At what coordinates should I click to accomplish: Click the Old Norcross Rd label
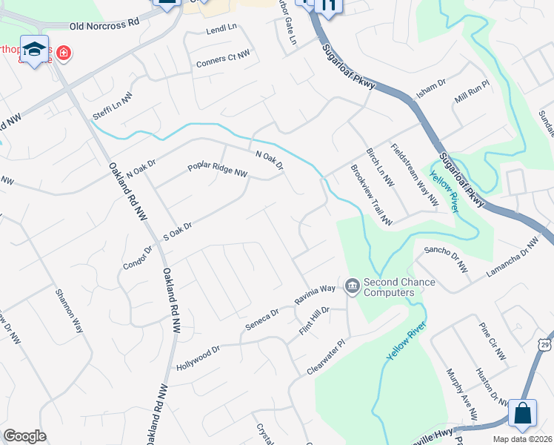coord(104,24)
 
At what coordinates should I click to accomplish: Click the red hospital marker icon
coord(64,53)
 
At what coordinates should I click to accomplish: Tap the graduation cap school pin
coord(34,49)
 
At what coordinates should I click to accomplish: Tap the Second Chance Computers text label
coord(398,287)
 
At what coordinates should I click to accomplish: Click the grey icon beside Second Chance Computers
coord(353,285)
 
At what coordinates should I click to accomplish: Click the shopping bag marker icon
coord(523,414)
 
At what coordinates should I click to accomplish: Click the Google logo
coord(24,436)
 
